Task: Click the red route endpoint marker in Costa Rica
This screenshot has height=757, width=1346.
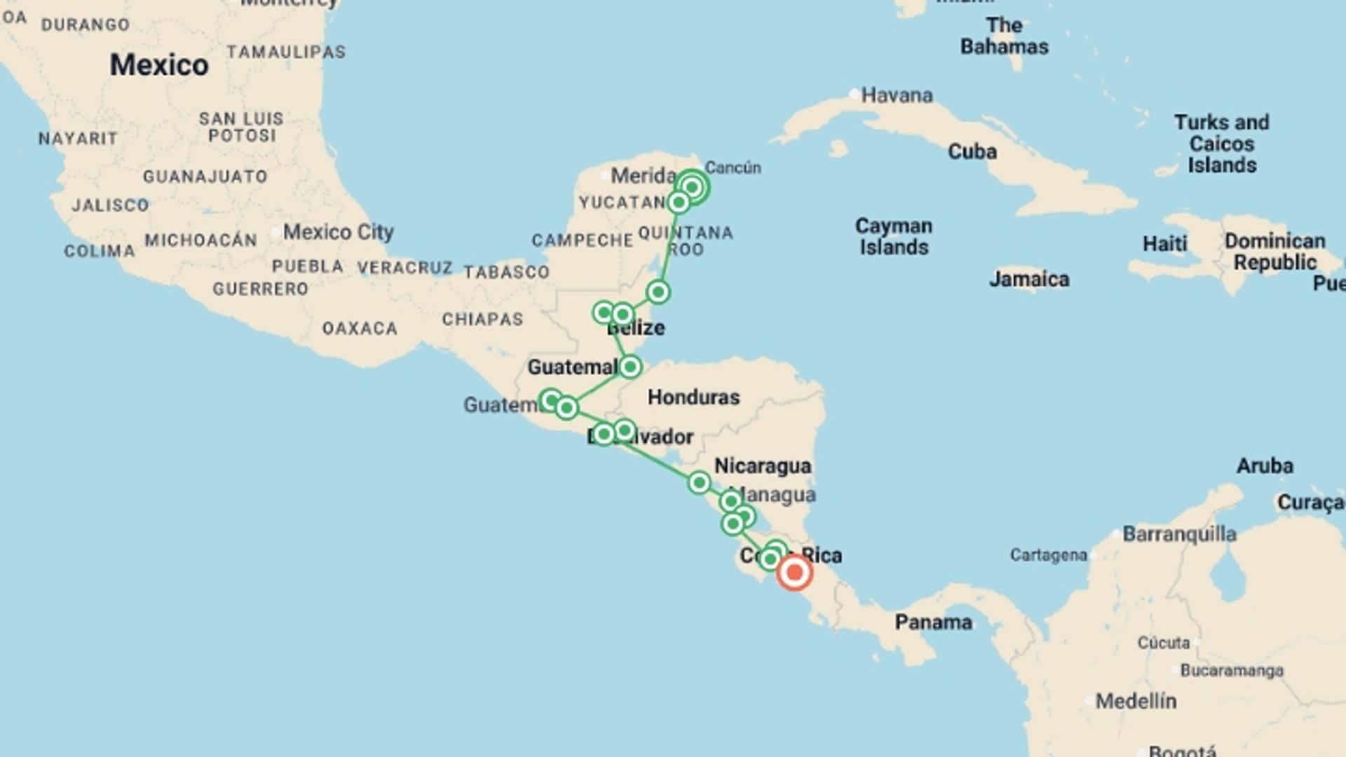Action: (x=794, y=573)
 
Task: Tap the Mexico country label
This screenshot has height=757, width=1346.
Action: (x=159, y=65)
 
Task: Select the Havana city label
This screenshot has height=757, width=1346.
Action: (x=897, y=95)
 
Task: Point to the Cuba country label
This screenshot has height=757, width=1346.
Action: (x=972, y=151)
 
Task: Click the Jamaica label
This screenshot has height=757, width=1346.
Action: (x=1029, y=279)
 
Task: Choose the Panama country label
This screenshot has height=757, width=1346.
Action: (x=933, y=622)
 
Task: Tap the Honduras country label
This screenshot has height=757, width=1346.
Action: (x=693, y=397)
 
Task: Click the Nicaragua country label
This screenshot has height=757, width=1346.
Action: (x=763, y=465)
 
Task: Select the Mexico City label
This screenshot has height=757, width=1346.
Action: (x=338, y=232)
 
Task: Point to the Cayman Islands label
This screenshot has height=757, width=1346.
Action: (x=894, y=236)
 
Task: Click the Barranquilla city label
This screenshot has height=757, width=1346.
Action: (x=1179, y=534)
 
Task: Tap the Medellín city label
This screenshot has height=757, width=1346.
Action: (x=1136, y=700)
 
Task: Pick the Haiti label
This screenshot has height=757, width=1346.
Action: (x=1164, y=244)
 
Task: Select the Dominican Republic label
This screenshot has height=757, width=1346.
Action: (x=1274, y=251)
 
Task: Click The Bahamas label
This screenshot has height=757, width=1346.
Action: (x=1004, y=36)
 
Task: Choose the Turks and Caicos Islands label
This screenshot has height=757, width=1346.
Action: (x=1221, y=144)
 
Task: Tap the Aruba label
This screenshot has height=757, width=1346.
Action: (x=1265, y=465)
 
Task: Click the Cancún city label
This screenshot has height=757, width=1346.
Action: (x=733, y=168)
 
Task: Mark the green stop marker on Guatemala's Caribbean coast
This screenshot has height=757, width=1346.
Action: (x=630, y=366)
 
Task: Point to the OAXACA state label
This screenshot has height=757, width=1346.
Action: (x=360, y=328)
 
